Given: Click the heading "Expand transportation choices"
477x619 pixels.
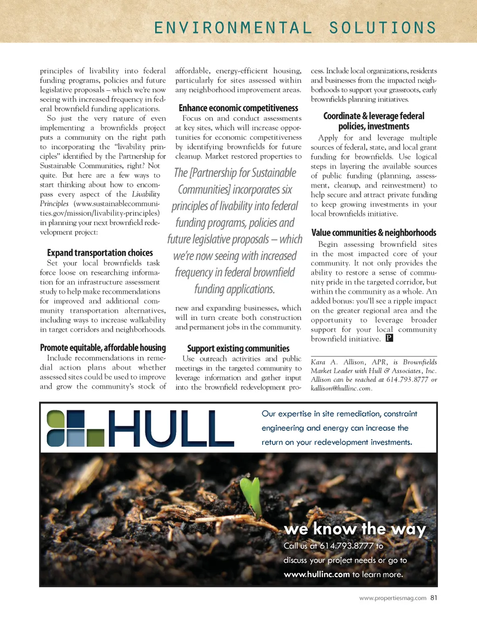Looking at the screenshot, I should [x=100, y=253].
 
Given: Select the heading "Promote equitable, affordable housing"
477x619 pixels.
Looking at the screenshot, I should [x=103, y=347].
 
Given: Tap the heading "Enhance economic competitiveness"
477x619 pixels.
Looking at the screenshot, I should [x=238, y=108].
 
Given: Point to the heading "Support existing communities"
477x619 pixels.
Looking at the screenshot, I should [x=238, y=348].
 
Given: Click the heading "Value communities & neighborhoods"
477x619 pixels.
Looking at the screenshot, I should [x=374, y=232].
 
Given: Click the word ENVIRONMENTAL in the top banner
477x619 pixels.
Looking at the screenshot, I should [x=233, y=28].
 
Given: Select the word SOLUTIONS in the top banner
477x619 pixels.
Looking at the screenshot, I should [x=382, y=28].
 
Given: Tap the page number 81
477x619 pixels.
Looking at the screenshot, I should [x=434, y=598].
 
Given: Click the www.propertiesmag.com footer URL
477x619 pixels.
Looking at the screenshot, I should [x=393, y=598].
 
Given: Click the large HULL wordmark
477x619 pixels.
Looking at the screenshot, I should [x=170, y=429].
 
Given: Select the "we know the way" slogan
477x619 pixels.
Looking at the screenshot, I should [x=355, y=529].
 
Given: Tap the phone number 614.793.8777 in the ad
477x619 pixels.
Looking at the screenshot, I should [x=347, y=545].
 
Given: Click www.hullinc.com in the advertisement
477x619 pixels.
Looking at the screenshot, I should [x=317, y=574].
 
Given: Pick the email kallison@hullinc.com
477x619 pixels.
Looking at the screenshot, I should [x=341, y=388].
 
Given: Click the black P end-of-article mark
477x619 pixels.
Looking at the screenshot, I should [x=389, y=338].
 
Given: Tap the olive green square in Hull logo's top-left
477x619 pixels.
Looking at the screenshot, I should [x=55, y=419].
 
